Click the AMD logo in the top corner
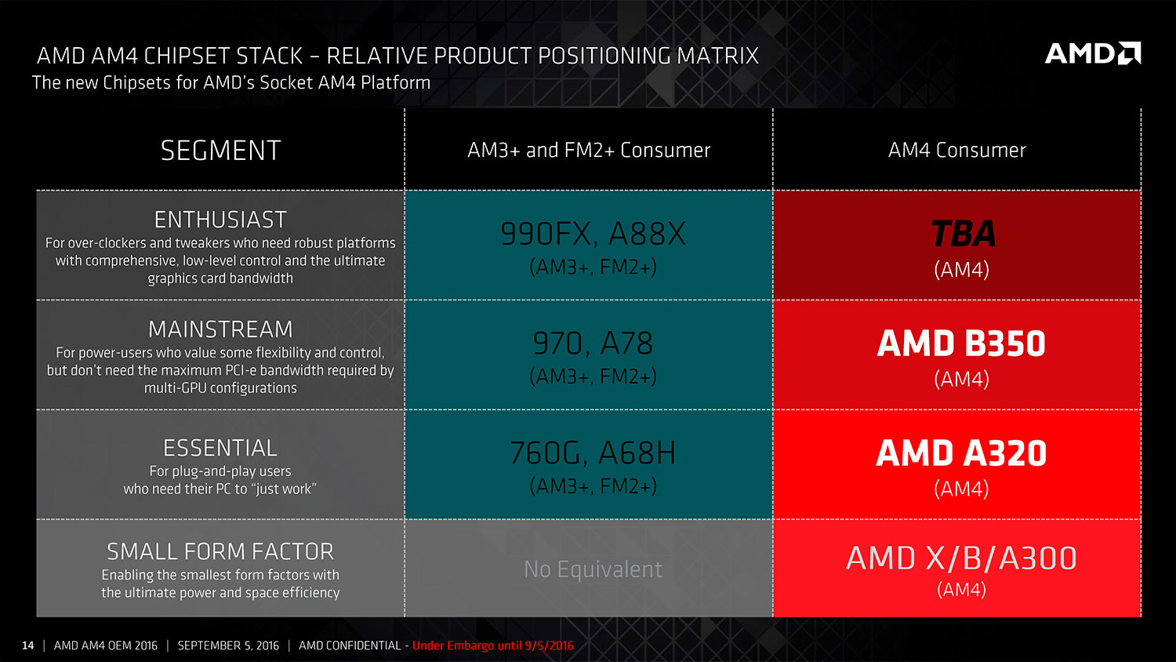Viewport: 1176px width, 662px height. click(x=1093, y=53)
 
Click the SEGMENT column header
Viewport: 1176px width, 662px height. click(x=220, y=151)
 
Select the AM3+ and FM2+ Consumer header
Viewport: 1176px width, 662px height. click(x=589, y=151)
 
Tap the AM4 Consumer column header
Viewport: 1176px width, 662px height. click(x=956, y=151)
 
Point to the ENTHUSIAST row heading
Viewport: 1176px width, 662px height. click(x=220, y=220)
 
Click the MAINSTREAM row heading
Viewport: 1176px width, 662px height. click(x=220, y=329)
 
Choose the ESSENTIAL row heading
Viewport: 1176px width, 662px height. click(x=220, y=448)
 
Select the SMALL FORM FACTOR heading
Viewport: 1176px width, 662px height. click(x=220, y=551)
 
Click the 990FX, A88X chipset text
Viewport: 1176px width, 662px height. click(x=593, y=234)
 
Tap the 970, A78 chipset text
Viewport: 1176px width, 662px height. click(x=593, y=344)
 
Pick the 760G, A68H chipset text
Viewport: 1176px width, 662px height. click(x=593, y=453)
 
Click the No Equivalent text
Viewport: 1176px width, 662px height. click(x=593, y=569)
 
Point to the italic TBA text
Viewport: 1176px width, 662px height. click(x=962, y=233)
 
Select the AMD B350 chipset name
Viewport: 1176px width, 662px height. click(x=961, y=344)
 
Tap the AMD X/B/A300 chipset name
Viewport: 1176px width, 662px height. click(x=961, y=558)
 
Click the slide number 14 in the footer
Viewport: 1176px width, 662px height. click(x=27, y=646)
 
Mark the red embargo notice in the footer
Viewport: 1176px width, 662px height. click(x=493, y=646)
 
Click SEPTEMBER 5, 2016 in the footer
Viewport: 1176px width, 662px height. click(x=228, y=646)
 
